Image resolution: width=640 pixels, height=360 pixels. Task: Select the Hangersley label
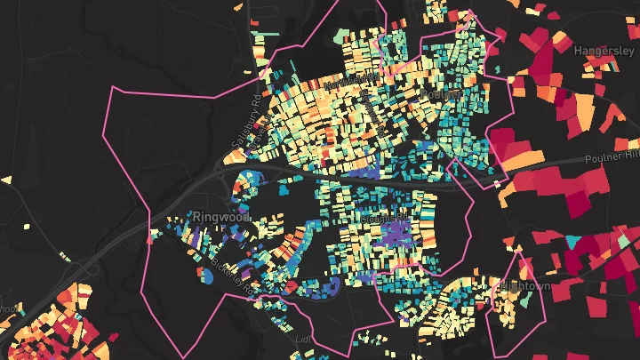coord(604,51)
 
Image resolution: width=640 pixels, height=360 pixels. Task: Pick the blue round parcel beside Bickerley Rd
coord(206,277)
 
